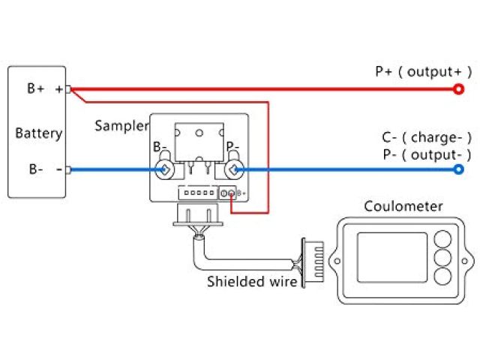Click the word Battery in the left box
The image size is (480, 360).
pyautogui.click(x=38, y=133)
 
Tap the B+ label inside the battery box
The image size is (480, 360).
pyautogui.click(x=36, y=88)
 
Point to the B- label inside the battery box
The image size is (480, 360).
pyautogui.click(x=36, y=169)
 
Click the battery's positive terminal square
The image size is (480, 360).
pyautogui.click(x=68, y=90)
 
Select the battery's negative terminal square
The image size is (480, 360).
pyautogui.click(x=68, y=170)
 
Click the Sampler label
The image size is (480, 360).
pyautogui.click(x=121, y=126)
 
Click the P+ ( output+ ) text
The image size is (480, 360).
pyautogui.click(x=423, y=71)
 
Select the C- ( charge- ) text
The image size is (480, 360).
pyautogui.click(x=426, y=137)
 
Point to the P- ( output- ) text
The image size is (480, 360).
pyautogui.click(x=426, y=154)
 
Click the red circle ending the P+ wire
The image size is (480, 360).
pyautogui.click(x=458, y=90)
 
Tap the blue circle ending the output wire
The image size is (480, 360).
pyautogui.click(x=458, y=170)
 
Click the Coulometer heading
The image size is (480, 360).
pyautogui.click(x=403, y=206)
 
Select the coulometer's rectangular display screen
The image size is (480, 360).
pyautogui.click(x=391, y=257)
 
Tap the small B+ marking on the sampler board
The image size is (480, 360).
pyautogui.click(x=241, y=193)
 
